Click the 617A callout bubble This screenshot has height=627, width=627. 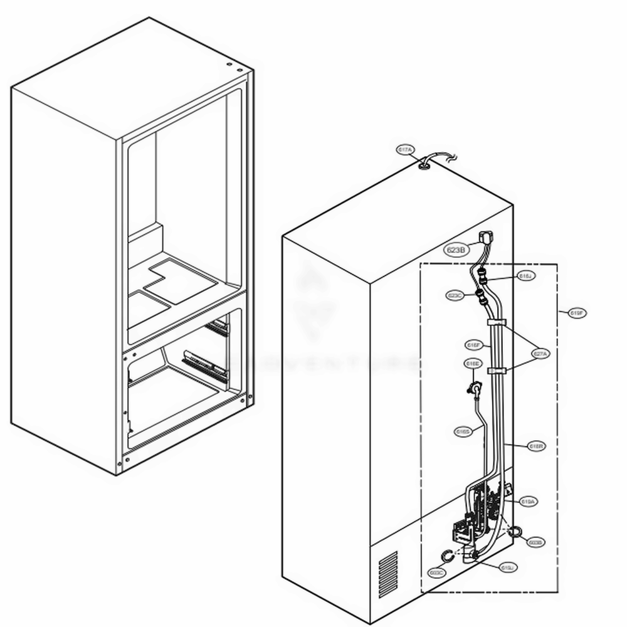pyautogui.click(x=405, y=150)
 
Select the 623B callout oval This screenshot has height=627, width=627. pyautogui.click(x=456, y=250)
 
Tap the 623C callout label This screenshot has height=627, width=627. pyautogui.click(x=455, y=295)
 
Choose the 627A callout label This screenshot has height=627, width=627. pyautogui.click(x=540, y=354)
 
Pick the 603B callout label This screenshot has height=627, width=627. pyautogui.click(x=535, y=542)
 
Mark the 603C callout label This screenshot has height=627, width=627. pyautogui.click(x=437, y=572)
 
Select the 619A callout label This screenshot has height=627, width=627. pyautogui.click(x=528, y=502)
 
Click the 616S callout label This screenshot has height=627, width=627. pyautogui.click(x=463, y=431)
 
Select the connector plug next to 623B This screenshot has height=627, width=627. pyautogui.click(x=485, y=238)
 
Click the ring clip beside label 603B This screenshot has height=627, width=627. pyautogui.click(x=514, y=532)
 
